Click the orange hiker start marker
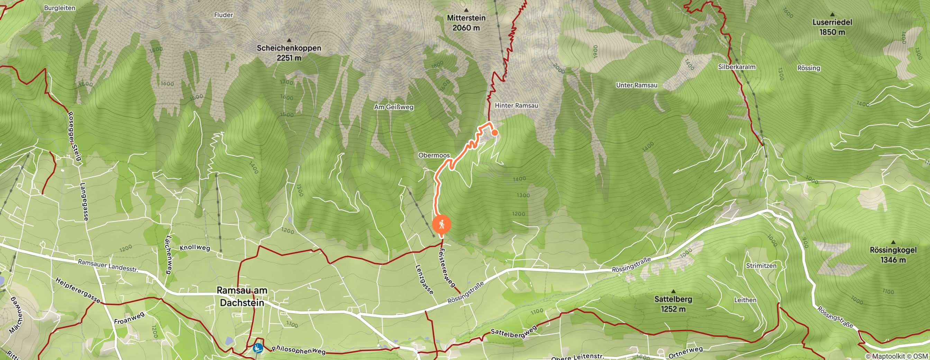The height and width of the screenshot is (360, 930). (441, 225)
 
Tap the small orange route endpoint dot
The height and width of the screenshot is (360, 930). (495, 133)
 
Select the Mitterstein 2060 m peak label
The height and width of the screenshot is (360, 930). (466, 23)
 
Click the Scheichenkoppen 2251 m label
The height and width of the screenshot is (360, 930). (289, 53)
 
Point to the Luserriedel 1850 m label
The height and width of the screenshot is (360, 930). (832, 27)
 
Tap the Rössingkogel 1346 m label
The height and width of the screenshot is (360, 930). (893, 254)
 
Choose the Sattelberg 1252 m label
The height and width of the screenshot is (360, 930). (673, 304)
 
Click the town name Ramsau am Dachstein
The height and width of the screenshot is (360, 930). (242, 296)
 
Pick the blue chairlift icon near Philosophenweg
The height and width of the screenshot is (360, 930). (258, 348)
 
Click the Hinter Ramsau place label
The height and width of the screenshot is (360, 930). (516, 106)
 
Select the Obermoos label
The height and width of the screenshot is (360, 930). (434, 155)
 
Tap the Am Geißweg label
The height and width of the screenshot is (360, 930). (393, 107)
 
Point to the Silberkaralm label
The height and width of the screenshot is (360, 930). (736, 67)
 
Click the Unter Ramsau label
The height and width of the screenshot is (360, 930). (636, 85)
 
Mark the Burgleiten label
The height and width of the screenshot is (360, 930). (60, 8)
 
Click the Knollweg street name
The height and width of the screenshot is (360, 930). (194, 248)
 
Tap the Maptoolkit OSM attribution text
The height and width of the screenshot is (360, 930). (897, 356)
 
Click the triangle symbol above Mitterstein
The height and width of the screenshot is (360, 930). (466, 10)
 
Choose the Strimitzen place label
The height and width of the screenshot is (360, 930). (761, 265)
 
